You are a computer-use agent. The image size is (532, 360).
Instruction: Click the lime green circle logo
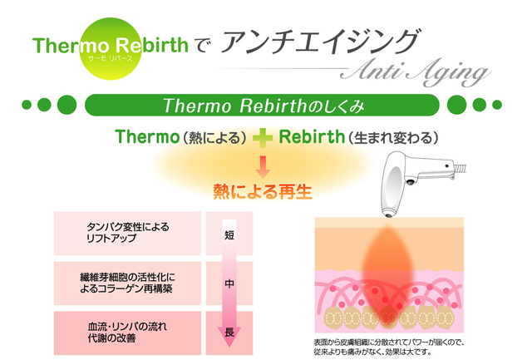[x=111, y=49]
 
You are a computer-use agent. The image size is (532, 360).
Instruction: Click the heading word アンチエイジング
[x=321, y=42]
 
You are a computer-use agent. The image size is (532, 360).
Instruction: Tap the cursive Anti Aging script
[x=416, y=72]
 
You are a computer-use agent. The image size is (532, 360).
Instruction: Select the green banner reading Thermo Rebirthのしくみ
[x=262, y=106]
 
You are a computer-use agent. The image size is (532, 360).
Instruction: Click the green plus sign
[x=263, y=138]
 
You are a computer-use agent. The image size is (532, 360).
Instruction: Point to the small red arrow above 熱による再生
[x=263, y=167]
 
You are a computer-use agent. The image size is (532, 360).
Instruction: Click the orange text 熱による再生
[x=263, y=191]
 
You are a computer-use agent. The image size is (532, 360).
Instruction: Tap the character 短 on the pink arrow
[x=229, y=234]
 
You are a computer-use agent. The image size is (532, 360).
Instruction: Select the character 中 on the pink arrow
[x=229, y=284]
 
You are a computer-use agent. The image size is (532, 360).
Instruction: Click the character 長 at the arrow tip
[x=229, y=332]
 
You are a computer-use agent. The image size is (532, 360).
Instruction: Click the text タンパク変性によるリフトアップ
[x=127, y=233]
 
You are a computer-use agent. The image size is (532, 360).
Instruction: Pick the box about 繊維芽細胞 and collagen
[x=127, y=284]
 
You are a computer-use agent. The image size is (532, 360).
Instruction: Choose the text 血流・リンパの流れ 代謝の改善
[x=127, y=333]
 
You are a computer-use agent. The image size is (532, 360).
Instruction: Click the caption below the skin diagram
[x=389, y=347]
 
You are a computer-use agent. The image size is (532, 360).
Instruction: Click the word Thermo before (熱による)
[x=147, y=136]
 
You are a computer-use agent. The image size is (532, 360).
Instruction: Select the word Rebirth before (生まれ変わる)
[x=312, y=136]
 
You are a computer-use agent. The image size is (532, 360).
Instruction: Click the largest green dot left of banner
[x=66, y=105]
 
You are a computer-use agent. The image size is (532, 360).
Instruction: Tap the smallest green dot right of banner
[x=497, y=105]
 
